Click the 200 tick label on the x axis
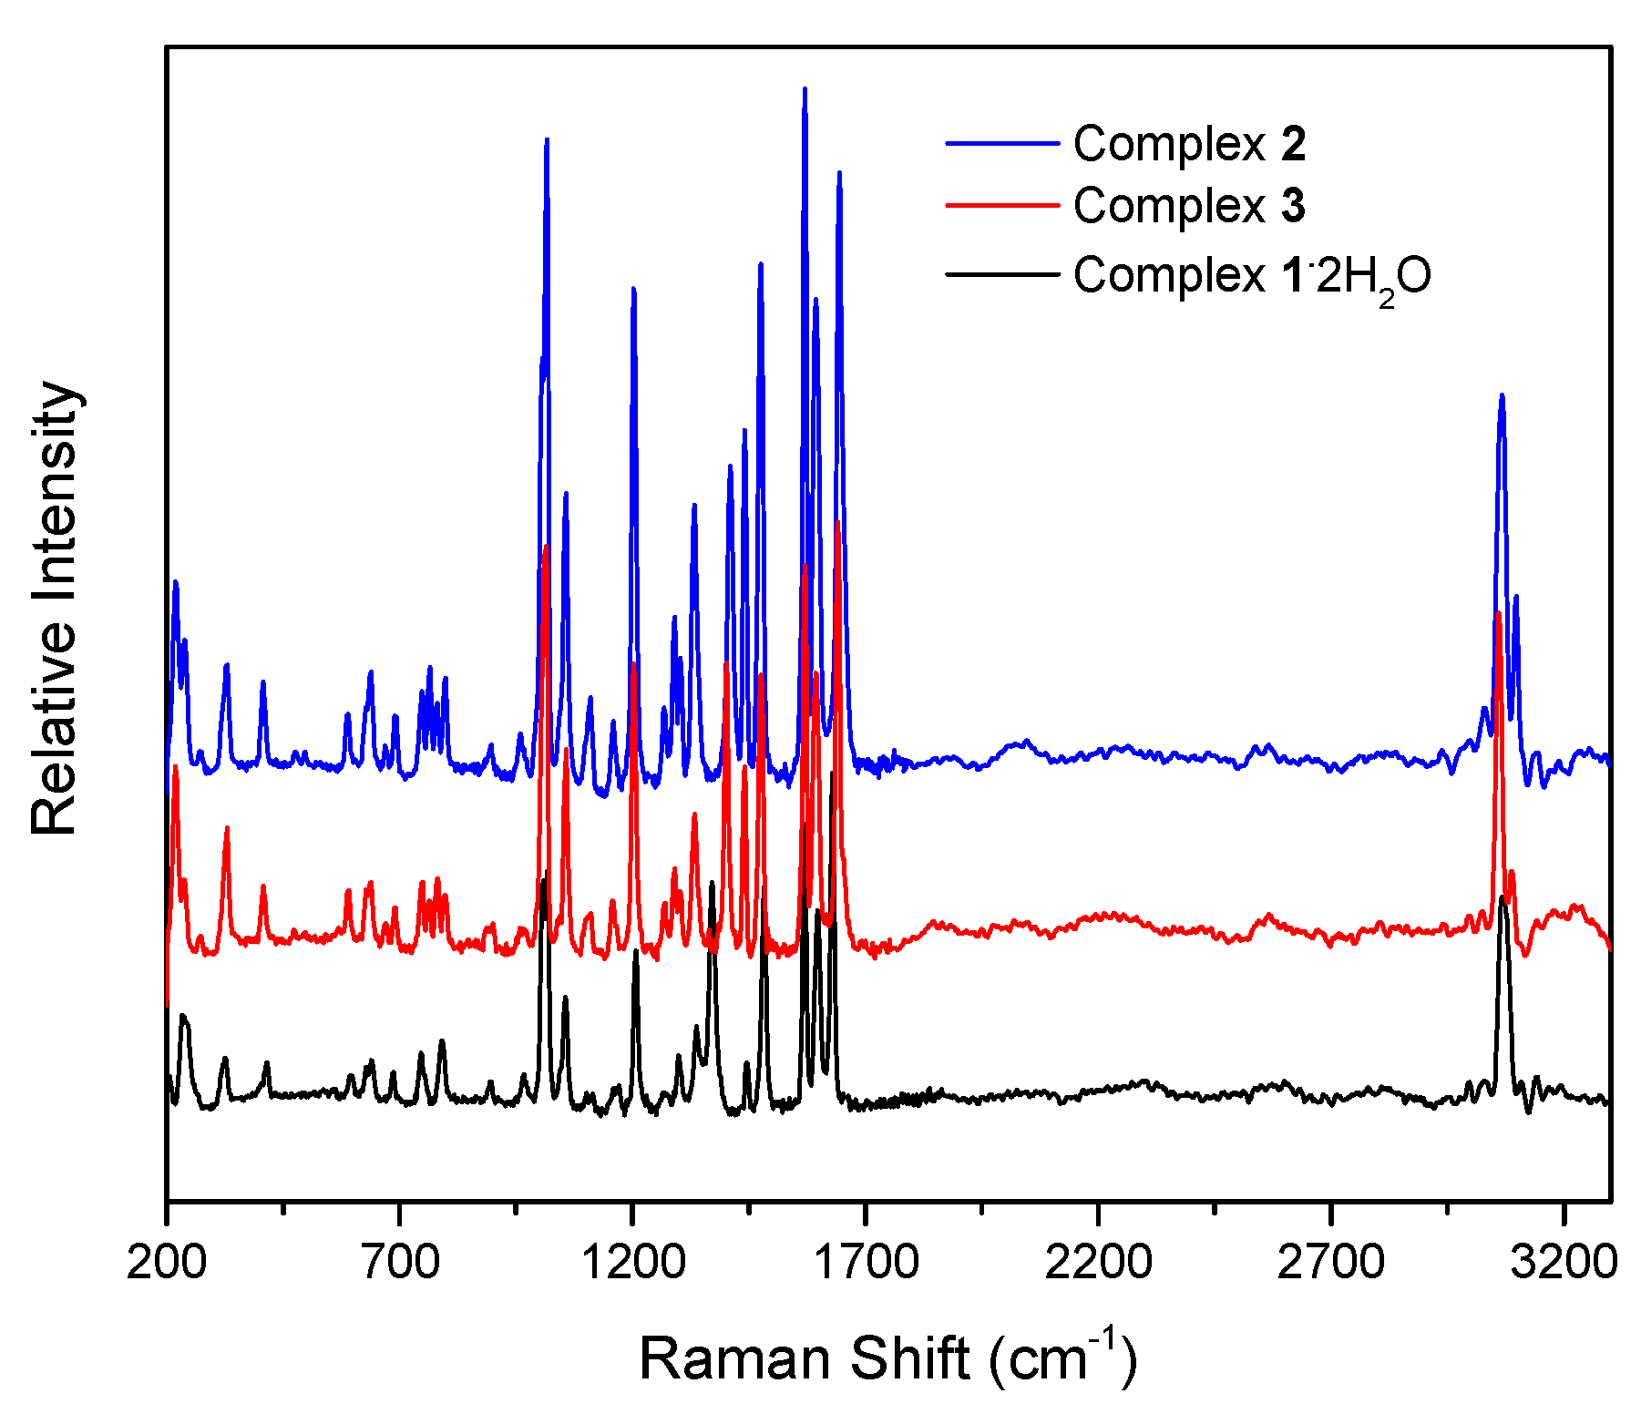point(167,1263)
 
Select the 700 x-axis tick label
point(399,1263)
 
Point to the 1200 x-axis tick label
point(632,1263)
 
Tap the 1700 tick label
point(866,1263)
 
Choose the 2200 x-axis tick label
point(1098,1263)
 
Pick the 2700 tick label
point(1331,1263)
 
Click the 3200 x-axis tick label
point(1564,1263)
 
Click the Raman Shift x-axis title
point(888,1358)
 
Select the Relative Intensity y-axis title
point(55,608)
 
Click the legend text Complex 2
point(1189,144)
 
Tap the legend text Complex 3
point(1189,206)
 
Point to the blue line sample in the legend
point(1002,144)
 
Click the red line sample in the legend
point(1002,206)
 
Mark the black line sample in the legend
point(1002,273)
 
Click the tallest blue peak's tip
point(805,88)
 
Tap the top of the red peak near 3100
point(1498,612)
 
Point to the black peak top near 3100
point(1502,897)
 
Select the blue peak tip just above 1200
point(633,288)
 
